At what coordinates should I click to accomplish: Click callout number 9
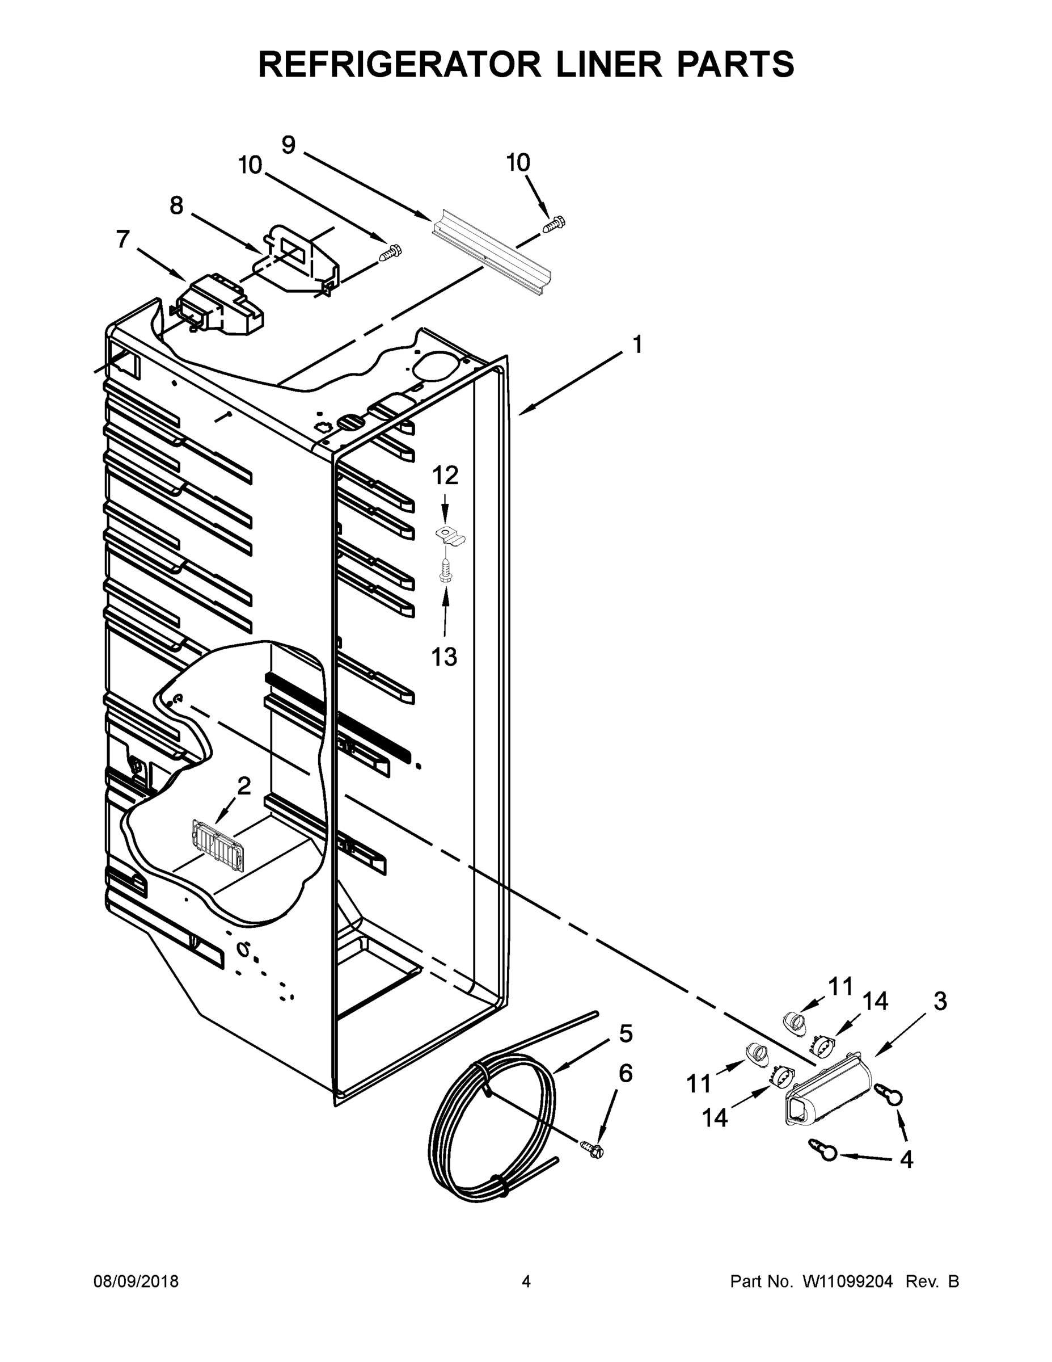(289, 145)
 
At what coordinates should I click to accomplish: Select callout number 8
(177, 205)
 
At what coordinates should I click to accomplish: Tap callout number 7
(122, 239)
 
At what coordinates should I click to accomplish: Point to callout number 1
(637, 344)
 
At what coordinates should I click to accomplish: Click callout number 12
(445, 475)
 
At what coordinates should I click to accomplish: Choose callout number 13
(445, 656)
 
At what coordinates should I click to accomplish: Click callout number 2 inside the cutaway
(244, 786)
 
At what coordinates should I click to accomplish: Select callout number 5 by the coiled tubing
(626, 1034)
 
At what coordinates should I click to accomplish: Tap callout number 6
(625, 1073)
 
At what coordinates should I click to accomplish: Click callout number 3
(940, 1001)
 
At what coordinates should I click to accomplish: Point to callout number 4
(907, 1159)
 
